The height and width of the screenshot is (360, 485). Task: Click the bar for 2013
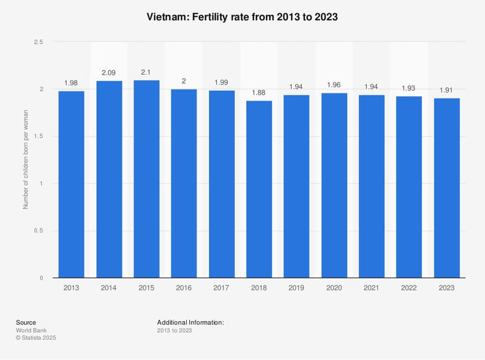tap(72, 184)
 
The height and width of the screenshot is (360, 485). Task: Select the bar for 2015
tap(147, 179)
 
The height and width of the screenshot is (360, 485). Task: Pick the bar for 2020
tap(334, 185)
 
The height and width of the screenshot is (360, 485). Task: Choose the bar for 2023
tap(447, 188)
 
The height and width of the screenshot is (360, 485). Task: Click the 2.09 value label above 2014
tap(109, 73)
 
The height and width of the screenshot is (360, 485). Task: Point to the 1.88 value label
tap(259, 93)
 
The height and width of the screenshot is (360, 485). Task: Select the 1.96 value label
tap(334, 85)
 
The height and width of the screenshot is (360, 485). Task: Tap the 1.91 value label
tap(447, 90)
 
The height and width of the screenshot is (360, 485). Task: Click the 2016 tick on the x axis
tap(184, 288)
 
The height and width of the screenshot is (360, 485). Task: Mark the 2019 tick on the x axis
tap(296, 288)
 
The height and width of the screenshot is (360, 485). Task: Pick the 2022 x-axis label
tap(409, 288)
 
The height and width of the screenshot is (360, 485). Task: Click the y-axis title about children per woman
tap(26, 160)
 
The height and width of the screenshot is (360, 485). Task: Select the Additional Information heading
tap(190, 322)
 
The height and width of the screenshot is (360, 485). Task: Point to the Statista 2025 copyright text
tap(41, 337)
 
